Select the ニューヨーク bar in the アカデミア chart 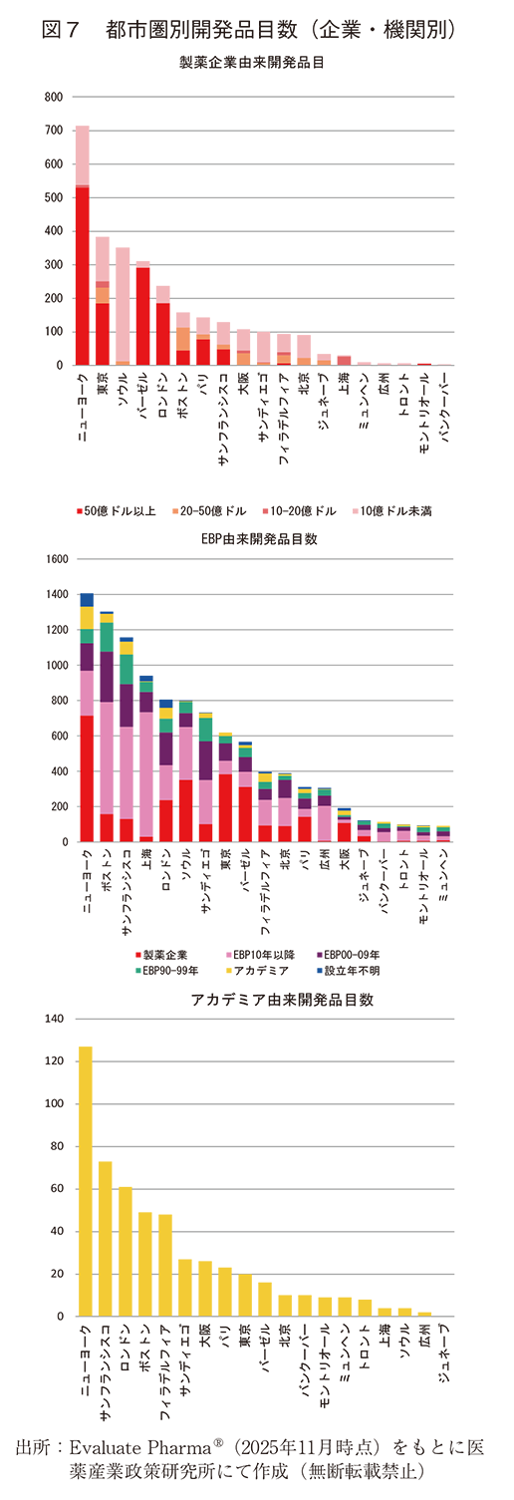point(86,1181)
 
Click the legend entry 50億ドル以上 point(116,511)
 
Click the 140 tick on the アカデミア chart point(53,1019)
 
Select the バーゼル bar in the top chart point(142,314)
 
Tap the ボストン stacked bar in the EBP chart point(107,728)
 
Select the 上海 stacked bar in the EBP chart point(146,759)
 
